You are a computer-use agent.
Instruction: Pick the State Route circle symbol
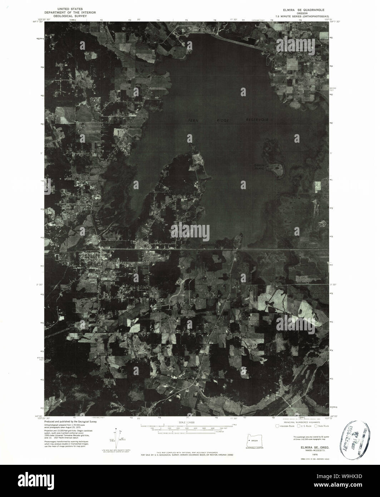pos(316,426)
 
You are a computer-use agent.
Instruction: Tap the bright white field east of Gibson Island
pos(317,187)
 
